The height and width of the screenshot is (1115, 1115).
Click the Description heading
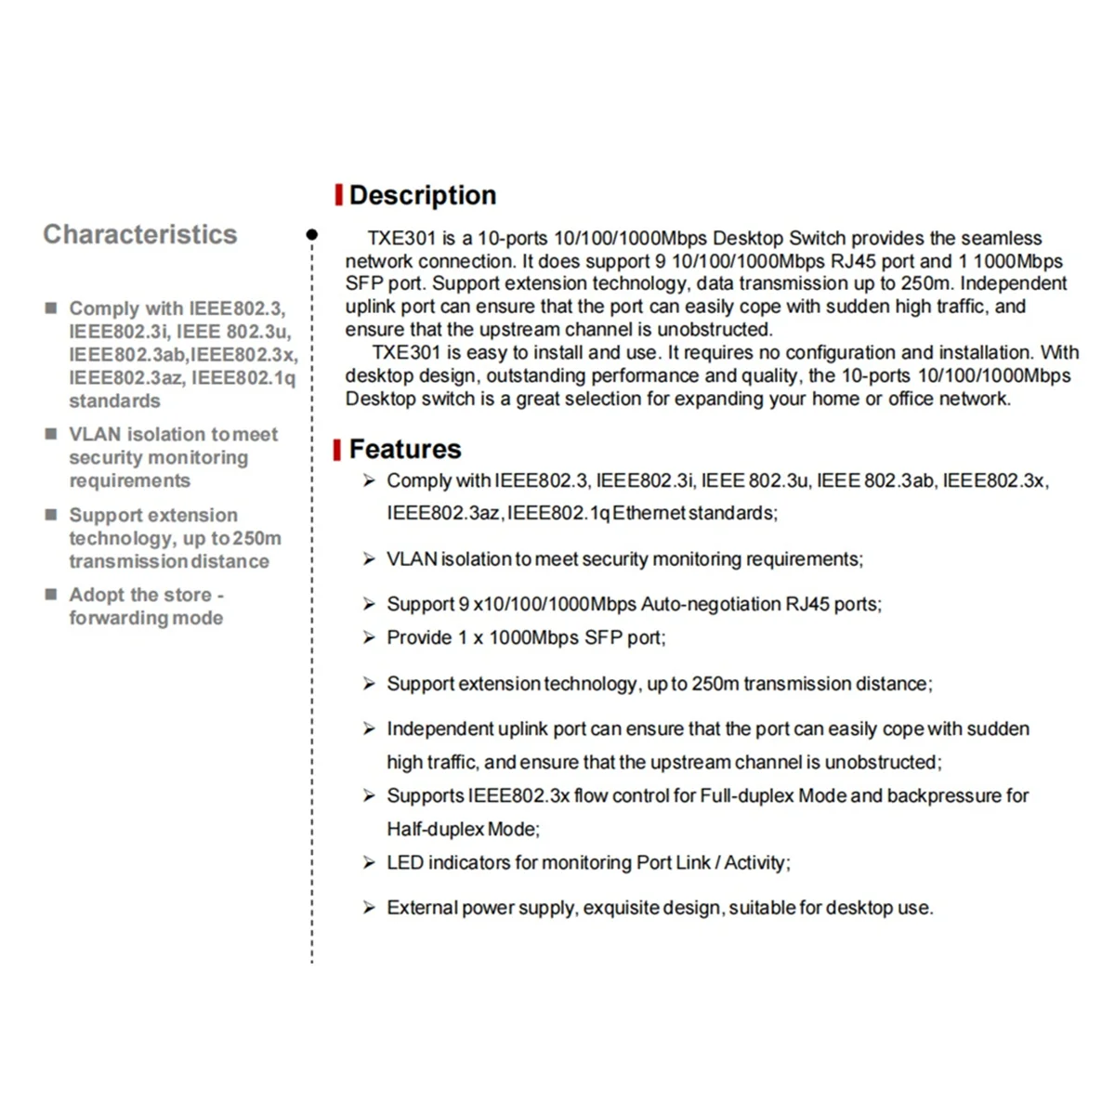click(x=423, y=195)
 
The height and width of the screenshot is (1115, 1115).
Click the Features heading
click(x=405, y=450)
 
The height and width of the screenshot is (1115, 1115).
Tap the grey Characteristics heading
click(x=140, y=234)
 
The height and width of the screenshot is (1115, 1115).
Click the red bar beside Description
click(x=339, y=195)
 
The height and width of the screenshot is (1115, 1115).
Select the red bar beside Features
click(x=338, y=450)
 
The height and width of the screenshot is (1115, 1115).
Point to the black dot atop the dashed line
click(x=312, y=235)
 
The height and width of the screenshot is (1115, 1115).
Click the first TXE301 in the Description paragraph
click(x=400, y=239)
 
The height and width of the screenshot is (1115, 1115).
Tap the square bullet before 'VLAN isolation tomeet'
click(x=52, y=434)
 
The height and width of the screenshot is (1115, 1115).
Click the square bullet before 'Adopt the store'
click(x=52, y=594)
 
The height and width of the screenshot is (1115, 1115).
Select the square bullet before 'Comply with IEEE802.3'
click(x=52, y=308)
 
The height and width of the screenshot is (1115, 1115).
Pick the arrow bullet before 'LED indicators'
click(x=369, y=863)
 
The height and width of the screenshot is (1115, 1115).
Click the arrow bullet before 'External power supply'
click(x=369, y=908)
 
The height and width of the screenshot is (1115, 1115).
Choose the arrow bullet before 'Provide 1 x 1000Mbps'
click(x=369, y=637)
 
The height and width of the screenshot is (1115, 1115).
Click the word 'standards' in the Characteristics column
click(x=114, y=401)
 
